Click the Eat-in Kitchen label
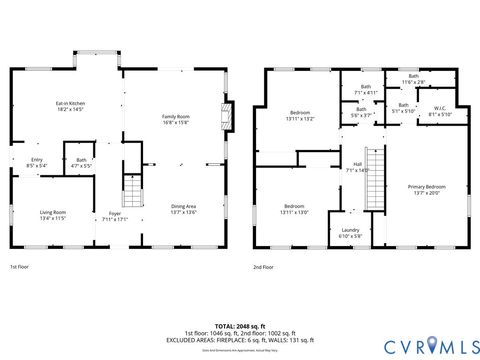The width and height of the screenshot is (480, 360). [x=70, y=107]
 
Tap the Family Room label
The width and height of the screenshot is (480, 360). [x=176, y=120]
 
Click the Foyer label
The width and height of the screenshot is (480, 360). [x=115, y=217]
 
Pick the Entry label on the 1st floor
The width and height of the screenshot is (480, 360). [x=37, y=162]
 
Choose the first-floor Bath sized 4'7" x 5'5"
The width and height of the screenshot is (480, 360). [x=81, y=162]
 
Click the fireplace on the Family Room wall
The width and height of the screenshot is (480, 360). [x=227, y=116]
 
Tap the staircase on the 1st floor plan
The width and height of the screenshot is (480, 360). [x=131, y=190]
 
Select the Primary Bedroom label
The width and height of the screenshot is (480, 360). [x=427, y=190]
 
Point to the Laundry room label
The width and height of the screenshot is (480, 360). [x=350, y=232]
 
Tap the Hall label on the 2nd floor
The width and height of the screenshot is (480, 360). [x=357, y=167]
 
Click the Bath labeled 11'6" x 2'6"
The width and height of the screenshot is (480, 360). [x=413, y=78]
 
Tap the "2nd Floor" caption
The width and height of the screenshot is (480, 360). [x=264, y=267]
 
